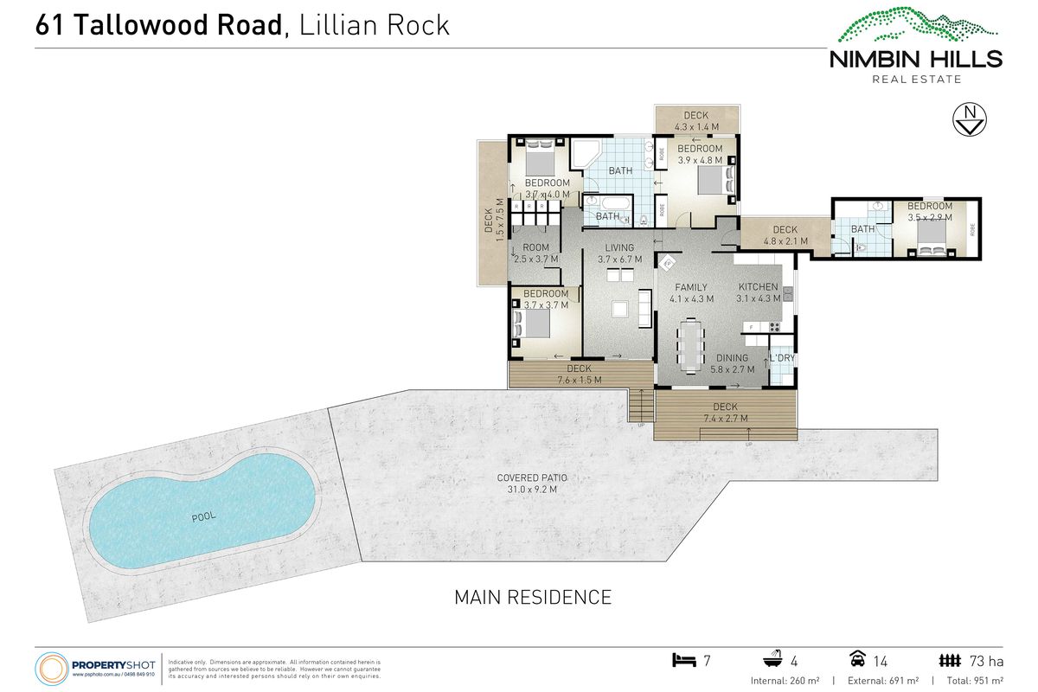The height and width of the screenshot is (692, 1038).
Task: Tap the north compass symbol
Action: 969,120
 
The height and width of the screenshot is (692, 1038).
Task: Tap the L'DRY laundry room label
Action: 782,358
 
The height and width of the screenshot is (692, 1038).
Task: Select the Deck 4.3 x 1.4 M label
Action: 695,121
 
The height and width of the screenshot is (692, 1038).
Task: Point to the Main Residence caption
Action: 533,597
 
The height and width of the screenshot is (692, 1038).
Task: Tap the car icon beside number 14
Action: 858,662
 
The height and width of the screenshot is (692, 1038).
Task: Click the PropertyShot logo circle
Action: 51,669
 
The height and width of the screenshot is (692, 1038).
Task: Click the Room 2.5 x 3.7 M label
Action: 536,253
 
